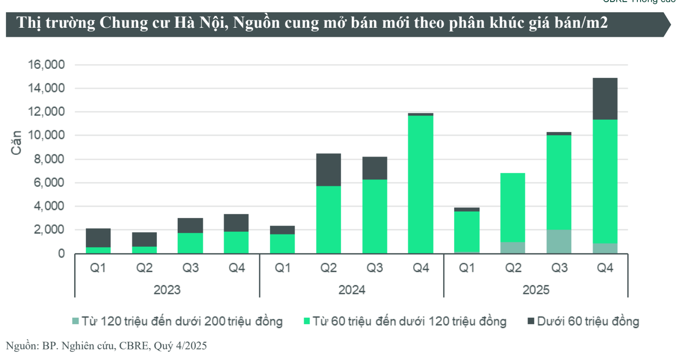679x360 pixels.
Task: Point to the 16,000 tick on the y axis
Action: (x=46, y=65)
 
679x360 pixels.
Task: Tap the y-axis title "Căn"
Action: (x=16, y=143)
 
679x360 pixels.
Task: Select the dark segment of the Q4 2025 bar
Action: (x=605, y=99)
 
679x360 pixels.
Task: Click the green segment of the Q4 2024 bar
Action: (x=421, y=184)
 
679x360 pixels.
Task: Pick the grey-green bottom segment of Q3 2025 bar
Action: (x=559, y=241)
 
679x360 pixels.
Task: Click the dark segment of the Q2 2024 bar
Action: (x=328, y=170)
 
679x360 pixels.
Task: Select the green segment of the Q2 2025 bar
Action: (x=513, y=208)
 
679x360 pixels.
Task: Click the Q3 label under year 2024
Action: (x=375, y=268)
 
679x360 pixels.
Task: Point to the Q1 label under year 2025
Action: (x=467, y=268)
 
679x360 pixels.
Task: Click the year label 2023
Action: (x=167, y=290)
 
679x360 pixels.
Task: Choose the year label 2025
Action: (x=536, y=290)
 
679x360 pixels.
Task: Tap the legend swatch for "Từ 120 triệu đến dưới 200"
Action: (x=76, y=322)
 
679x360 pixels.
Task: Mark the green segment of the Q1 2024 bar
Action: (x=282, y=244)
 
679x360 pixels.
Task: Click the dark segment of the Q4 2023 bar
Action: (x=236, y=223)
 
